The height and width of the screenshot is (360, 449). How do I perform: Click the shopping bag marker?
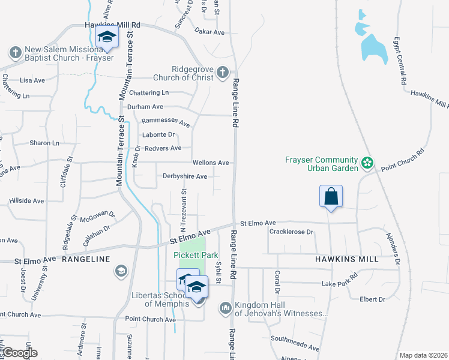coord(331,196)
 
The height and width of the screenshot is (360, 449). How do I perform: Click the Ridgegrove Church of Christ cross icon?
coord(222,73)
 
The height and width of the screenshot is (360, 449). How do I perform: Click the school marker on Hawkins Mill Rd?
coord(107,38)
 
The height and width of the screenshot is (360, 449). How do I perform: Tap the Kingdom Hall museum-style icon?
coord(226,308)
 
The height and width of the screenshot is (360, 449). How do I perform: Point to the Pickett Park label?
coord(196,255)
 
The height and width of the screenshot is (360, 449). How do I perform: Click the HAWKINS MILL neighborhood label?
coord(346,259)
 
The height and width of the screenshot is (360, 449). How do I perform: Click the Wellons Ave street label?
coord(210,163)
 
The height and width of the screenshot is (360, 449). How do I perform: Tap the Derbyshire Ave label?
coord(185,176)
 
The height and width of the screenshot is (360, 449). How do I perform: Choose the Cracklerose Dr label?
coord(292,232)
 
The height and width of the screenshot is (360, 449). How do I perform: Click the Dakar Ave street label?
coord(209,32)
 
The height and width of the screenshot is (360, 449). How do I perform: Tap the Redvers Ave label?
coord(162,148)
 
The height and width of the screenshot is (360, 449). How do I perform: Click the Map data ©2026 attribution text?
coord(423,355)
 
